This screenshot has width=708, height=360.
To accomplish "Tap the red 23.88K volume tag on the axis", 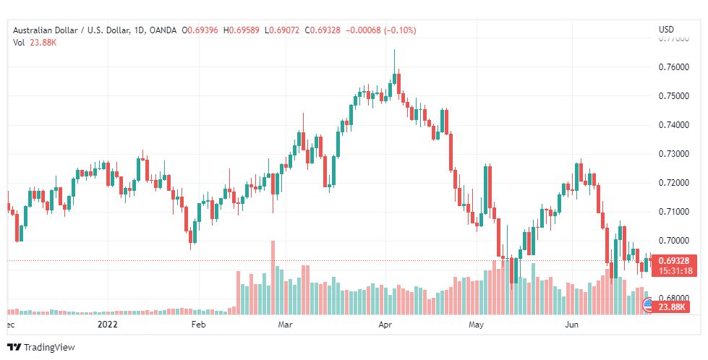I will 673,307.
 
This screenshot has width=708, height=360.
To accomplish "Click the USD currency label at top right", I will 666,30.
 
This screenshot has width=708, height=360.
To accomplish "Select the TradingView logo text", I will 49,348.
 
